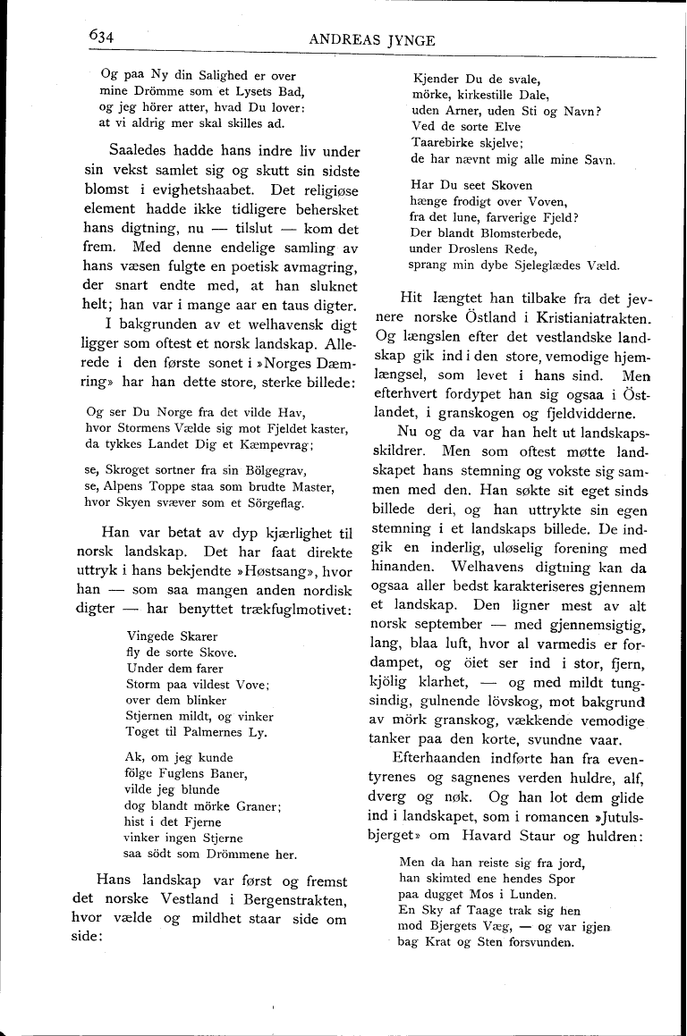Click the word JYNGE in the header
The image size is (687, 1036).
point(410,39)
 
